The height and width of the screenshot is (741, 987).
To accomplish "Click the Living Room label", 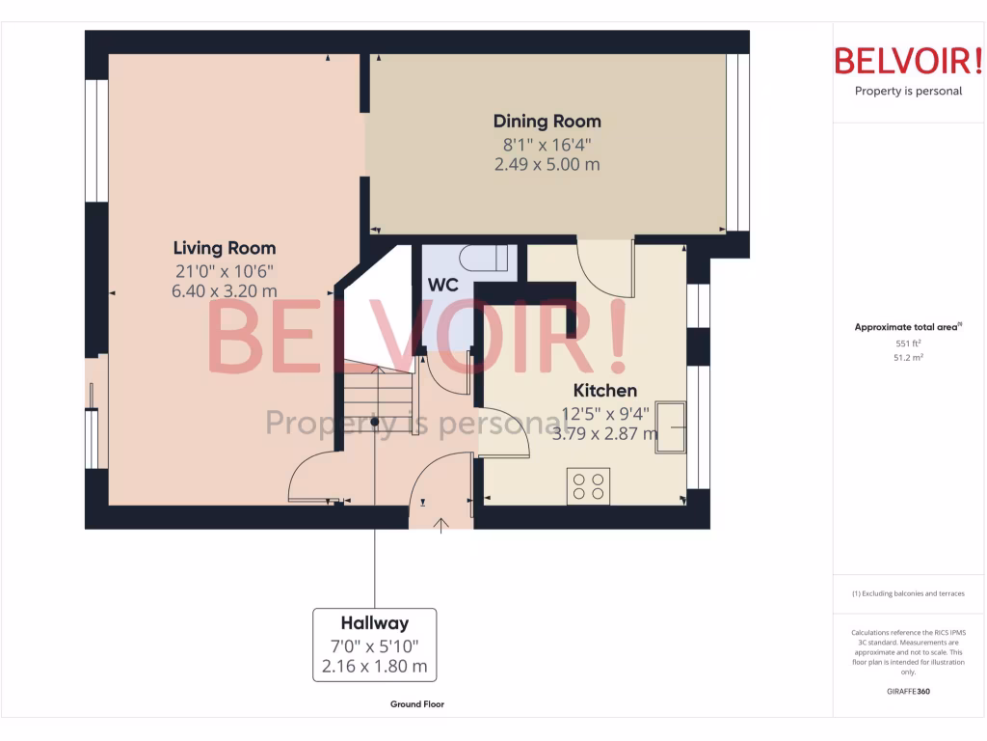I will tap(225, 248).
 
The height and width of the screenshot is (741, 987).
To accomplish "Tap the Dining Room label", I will tap(547, 122).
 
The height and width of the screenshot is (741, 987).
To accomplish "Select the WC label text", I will tap(442, 286).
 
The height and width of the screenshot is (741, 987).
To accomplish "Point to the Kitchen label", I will tap(605, 391).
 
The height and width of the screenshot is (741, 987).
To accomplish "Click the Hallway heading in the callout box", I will tap(374, 623).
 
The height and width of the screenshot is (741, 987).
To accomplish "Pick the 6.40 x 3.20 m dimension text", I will tap(225, 290).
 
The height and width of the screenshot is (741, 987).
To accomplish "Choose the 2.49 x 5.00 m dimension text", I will tap(547, 164).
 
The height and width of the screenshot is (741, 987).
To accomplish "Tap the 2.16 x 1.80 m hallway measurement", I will tap(374, 667).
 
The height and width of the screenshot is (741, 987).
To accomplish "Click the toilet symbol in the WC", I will tap(484, 259).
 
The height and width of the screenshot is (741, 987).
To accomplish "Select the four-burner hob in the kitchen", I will tap(588, 485).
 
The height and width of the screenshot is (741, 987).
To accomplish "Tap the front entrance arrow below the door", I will tap(442, 524).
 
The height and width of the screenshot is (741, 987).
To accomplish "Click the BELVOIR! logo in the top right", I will tap(908, 61).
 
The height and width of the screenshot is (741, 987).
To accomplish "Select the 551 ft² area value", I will tap(908, 343).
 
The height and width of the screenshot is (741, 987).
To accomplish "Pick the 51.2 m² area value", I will tap(908, 357).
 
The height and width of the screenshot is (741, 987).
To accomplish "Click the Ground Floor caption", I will tap(417, 704).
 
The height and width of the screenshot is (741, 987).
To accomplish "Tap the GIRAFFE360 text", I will tap(908, 691).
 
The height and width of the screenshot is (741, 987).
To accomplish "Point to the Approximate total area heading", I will tap(907, 328).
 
